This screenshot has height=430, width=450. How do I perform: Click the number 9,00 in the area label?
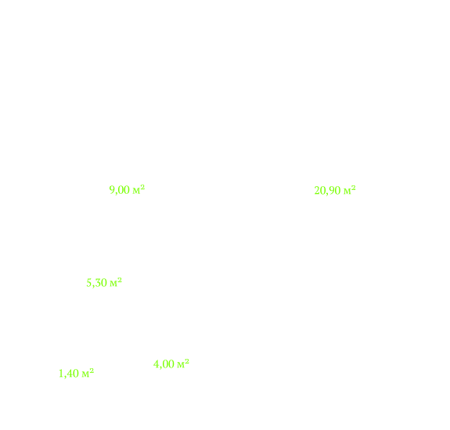click(120, 190)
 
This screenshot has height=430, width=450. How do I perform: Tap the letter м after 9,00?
click(136, 192)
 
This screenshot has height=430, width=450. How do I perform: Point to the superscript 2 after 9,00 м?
click(142, 187)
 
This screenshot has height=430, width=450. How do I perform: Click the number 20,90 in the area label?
click(327, 191)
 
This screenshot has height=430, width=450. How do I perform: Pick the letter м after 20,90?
click(347, 192)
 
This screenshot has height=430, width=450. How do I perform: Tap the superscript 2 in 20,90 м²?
click(354, 188)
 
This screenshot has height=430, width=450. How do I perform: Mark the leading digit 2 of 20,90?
click(317, 190)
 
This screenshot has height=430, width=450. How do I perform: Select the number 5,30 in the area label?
click(97, 283)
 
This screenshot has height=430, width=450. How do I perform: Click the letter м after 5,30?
click(113, 284)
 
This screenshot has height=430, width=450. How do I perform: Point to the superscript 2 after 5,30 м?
click(120, 280)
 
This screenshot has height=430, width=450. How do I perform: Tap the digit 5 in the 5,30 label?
click(89, 283)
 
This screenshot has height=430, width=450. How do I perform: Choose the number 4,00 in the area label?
click(164, 364)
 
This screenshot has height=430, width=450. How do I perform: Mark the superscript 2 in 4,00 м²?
click(187, 361)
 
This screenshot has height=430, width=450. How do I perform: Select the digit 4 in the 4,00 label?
click(156, 364)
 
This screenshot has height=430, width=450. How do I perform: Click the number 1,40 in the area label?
click(69, 374)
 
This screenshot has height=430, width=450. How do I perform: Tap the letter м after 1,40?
click(86, 374)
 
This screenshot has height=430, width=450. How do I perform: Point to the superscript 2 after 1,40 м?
click(92, 371)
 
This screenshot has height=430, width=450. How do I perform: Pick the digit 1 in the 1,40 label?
click(61, 373)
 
